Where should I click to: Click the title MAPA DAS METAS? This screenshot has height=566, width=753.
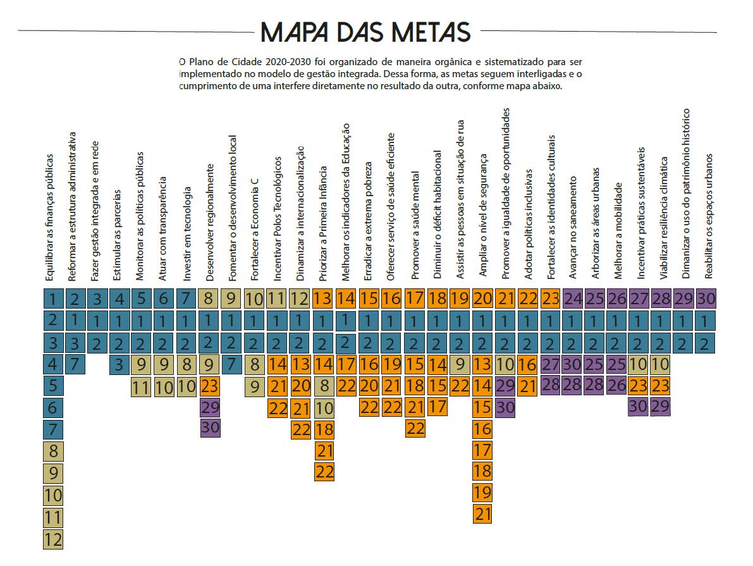(366, 32)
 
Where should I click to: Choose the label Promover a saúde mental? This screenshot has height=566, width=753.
(415, 225)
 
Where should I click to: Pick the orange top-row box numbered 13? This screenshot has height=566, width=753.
(322, 298)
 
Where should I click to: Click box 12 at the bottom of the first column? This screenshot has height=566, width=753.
(53, 539)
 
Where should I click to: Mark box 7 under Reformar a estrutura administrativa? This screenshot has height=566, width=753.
(75, 364)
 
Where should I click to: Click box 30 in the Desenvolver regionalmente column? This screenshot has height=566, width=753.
(210, 428)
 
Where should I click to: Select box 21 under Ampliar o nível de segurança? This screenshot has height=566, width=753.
(482, 514)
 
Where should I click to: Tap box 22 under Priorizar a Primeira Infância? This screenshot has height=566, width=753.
(324, 472)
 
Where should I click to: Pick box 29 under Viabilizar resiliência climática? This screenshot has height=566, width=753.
(660, 407)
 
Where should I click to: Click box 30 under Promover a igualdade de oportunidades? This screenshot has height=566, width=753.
(505, 407)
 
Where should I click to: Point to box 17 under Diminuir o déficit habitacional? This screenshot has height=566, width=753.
(437, 407)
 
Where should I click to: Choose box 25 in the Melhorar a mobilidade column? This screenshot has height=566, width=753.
(617, 364)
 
